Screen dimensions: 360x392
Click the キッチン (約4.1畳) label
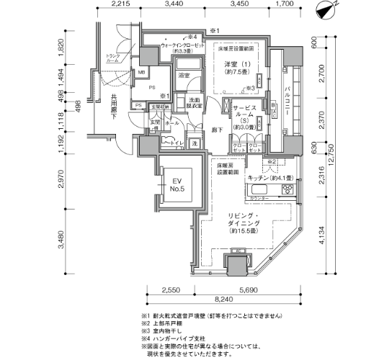coord(268,177)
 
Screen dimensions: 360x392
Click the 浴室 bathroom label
coord(184,75)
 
